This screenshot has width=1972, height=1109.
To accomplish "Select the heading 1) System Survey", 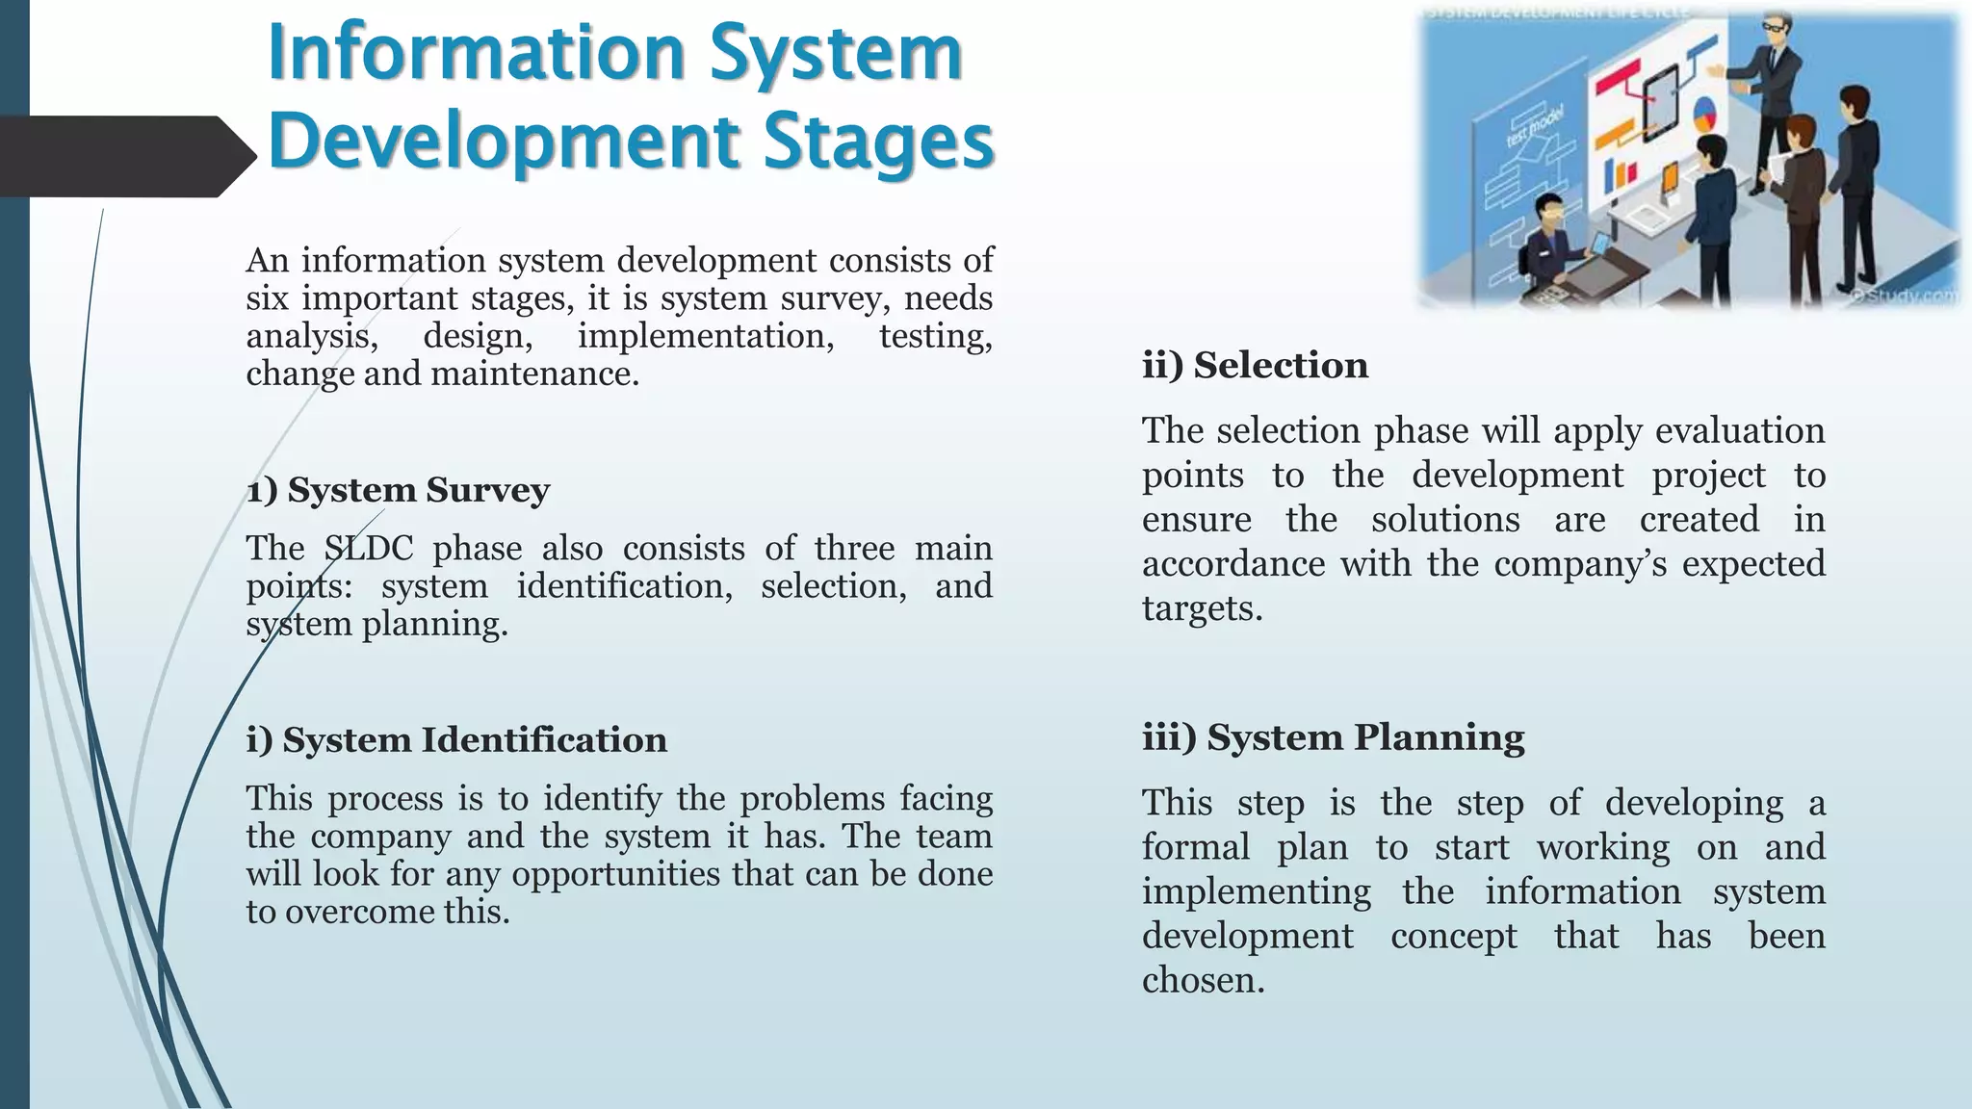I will pos(398,490).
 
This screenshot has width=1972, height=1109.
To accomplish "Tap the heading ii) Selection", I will pos(1255,366).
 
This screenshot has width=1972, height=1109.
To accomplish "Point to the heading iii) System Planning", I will pos(1333,737).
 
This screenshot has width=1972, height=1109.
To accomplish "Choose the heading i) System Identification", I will pos(455,740).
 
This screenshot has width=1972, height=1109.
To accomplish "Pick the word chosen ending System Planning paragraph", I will pos(1202,981).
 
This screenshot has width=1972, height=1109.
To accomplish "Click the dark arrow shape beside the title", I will pos(125,156).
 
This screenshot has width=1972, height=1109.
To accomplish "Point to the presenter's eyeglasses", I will pos(1775,26).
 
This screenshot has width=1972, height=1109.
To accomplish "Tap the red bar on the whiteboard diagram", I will pos(1618,75).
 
